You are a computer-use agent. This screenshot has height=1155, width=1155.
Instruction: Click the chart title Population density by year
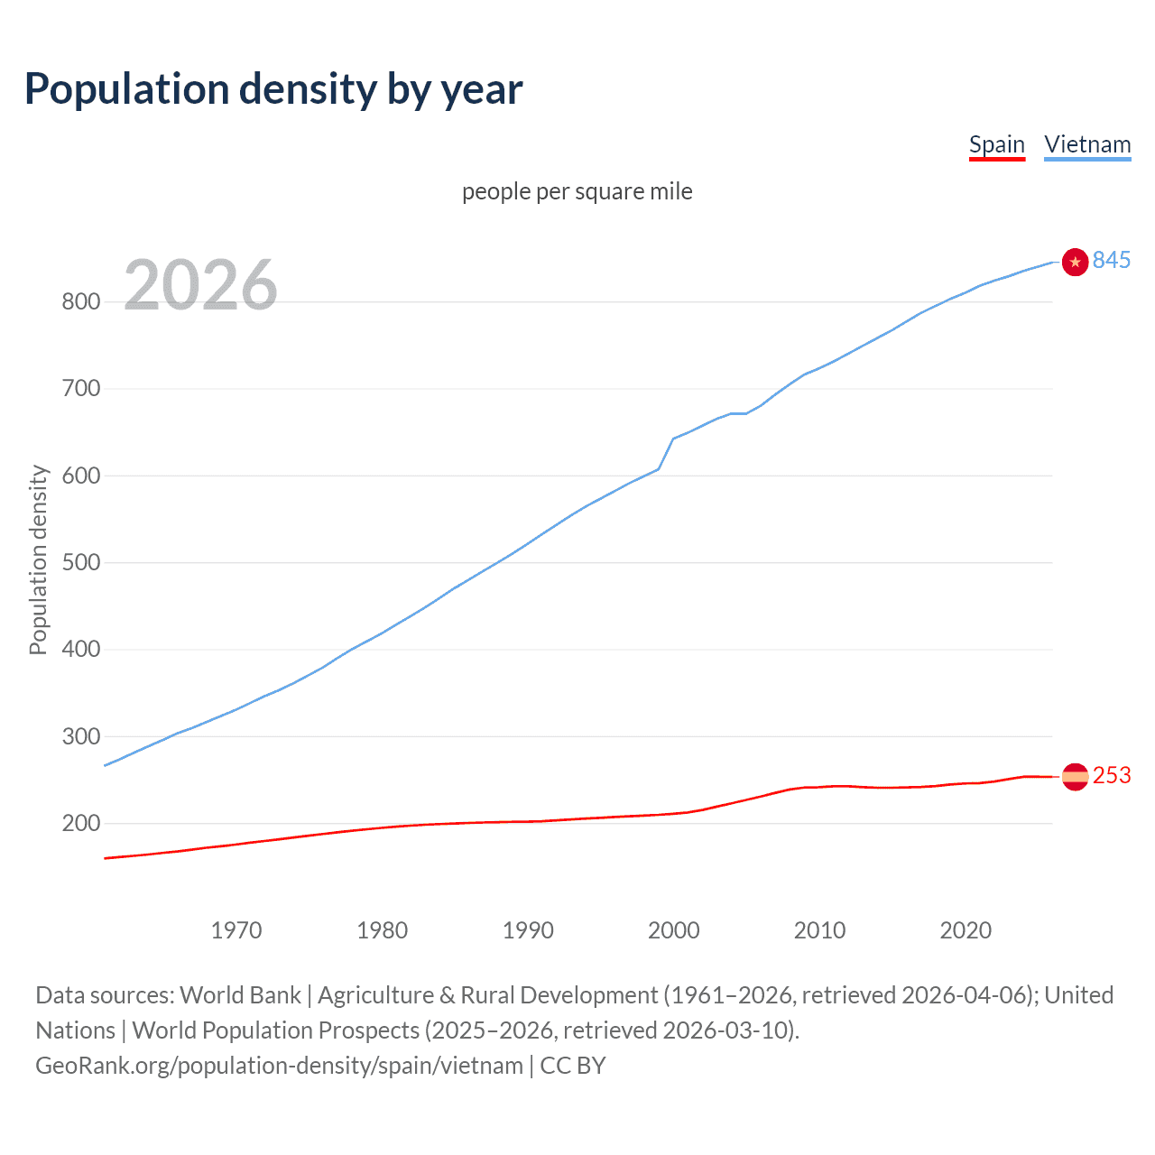[273, 89]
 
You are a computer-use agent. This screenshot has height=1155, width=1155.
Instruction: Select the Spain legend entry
[996, 144]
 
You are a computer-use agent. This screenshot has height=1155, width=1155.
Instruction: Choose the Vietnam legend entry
[1087, 144]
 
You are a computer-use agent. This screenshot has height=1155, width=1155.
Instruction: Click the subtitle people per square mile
[577, 191]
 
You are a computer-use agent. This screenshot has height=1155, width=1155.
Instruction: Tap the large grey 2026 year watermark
[200, 285]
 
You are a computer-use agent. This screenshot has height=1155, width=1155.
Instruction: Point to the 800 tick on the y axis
[80, 301]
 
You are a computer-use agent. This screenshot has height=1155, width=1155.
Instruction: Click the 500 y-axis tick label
[80, 562]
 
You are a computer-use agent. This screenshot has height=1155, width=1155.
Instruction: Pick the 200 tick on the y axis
[80, 823]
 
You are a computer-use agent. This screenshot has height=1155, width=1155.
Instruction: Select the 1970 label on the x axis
[236, 930]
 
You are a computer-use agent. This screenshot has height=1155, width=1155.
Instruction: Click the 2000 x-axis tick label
[673, 930]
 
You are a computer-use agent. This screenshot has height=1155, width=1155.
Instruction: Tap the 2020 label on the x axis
[966, 930]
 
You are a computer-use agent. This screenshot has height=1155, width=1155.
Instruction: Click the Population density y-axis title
[38, 559]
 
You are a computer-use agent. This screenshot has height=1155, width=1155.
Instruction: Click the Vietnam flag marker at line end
[1075, 262]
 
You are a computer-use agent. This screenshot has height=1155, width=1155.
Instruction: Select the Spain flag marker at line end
[1075, 776]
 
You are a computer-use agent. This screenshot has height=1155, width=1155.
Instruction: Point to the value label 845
[1112, 260]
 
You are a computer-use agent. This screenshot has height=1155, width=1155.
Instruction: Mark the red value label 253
[1112, 776]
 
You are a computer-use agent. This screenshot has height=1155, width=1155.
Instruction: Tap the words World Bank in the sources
[240, 995]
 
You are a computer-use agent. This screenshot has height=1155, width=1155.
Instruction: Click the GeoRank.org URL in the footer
[279, 1066]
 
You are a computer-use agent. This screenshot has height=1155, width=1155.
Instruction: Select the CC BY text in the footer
[573, 1066]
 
